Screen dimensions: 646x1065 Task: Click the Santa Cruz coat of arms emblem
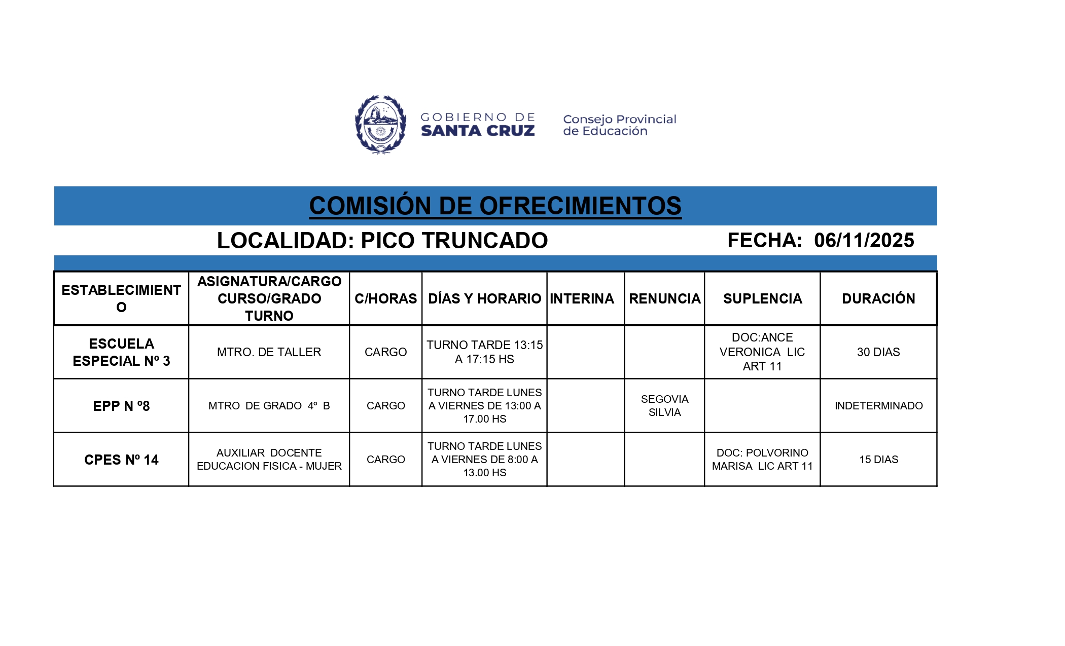(x=380, y=125)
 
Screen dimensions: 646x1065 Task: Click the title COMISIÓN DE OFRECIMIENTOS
(x=495, y=206)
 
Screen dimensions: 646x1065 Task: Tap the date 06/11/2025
(x=864, y=240)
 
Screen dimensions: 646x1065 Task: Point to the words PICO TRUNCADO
(x=454, y=241)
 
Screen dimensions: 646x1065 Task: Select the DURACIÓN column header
(x=878, y=298)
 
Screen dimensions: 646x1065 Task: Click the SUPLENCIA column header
(x=762, y=298)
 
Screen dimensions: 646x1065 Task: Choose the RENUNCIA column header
(x=664, y=298)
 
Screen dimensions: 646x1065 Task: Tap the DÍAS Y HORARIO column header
(x=484, y=298)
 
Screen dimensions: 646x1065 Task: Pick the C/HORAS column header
(x=385, y=298)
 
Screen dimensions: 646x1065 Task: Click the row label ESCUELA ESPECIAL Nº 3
(x=121, y=352)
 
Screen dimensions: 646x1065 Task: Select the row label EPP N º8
(x=121, y=406)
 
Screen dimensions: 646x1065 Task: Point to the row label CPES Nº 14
(x=121, y=460)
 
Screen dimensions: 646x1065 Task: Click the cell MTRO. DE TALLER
(x=269, y=352)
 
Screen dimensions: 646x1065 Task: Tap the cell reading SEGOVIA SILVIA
(x=664, y=406)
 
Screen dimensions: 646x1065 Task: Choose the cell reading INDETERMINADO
(x=878, y=406)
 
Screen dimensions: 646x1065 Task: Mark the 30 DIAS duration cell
(x=878, y=352)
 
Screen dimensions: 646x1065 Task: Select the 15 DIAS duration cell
(x=878, y=460)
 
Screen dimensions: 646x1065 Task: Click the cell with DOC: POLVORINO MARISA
(x=762, y=460)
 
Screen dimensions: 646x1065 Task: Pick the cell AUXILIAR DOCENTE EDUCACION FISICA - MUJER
(x=269, y=460)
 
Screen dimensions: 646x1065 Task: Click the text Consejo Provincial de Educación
(x=619, y=125)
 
